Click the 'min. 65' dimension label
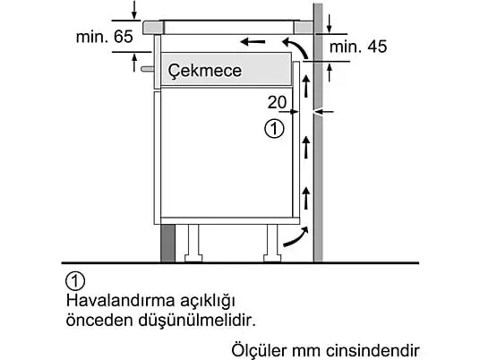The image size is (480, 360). [105, 37]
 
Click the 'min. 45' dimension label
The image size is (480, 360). [358, 47]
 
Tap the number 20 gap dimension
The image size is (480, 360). [277, 102]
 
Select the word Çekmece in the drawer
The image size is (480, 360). [205, 71]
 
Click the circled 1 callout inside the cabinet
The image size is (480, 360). [274, 129]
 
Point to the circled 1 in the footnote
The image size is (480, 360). [75, 280]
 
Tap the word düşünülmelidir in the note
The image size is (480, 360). [197, 321]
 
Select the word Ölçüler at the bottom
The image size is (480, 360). [260, 350]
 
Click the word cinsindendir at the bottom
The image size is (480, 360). [373, 350]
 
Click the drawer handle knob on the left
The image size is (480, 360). [147, 69]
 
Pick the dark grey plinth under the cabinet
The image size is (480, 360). [168, 243]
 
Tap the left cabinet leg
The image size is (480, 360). [193, 244]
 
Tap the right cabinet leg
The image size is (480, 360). [272, 244]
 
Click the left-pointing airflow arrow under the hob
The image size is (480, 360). [253, 41]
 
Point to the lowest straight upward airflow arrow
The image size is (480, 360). [305, 198]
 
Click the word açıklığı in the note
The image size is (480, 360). [208, 301]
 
